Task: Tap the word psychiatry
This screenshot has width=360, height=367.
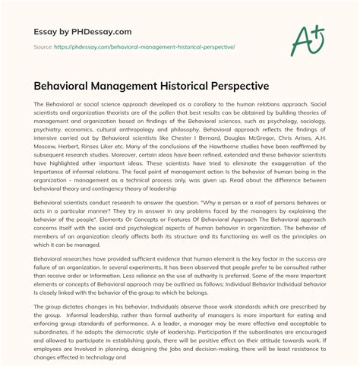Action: [49, 151]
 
